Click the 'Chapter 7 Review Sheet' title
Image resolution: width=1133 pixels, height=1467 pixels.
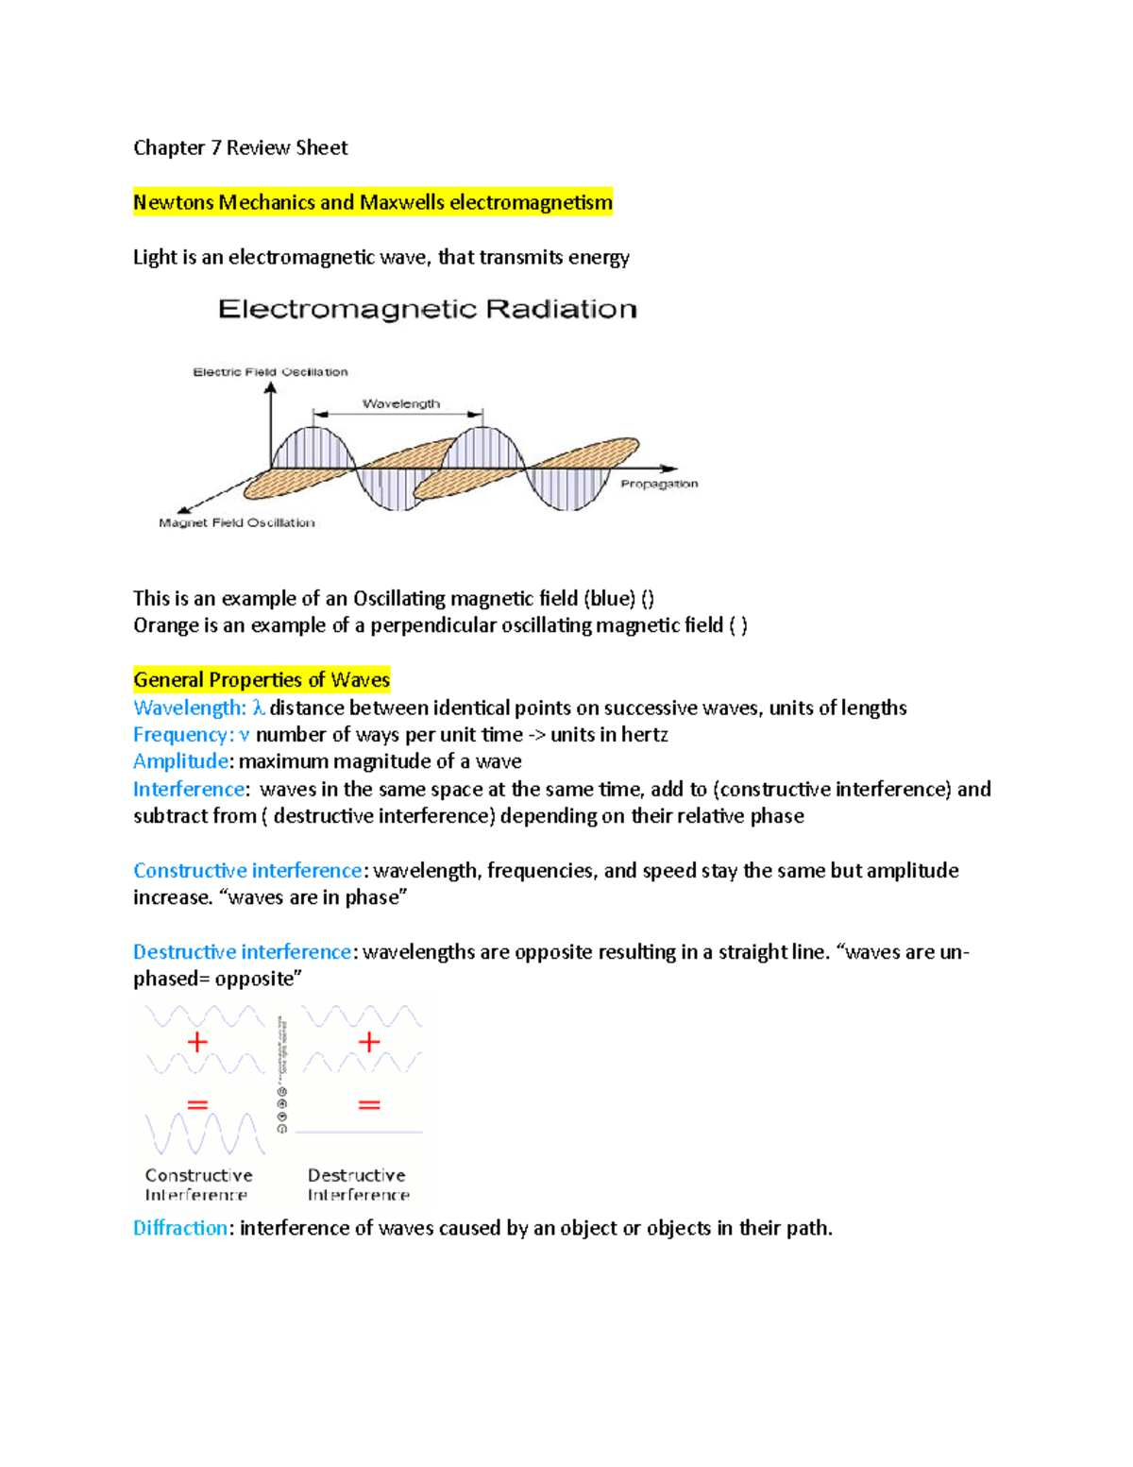240,147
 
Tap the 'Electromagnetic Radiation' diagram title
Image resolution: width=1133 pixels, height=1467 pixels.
427,309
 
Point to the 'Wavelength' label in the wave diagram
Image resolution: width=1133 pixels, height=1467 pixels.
401,403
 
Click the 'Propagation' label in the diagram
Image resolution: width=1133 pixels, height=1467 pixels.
659,484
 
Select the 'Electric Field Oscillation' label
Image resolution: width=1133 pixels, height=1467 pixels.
270,372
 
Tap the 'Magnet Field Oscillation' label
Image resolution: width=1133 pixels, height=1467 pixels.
236,522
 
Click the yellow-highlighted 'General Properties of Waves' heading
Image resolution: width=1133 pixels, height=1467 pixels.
261,680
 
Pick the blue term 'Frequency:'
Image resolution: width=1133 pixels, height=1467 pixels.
183,735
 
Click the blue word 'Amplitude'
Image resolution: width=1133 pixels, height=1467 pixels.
180,761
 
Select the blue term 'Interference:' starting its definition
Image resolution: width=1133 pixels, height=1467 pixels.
189,789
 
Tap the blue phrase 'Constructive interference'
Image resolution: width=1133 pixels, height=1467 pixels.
247,870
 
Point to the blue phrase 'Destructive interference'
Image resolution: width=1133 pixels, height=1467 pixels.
243,951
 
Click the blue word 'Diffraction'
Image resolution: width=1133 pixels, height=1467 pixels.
180,1228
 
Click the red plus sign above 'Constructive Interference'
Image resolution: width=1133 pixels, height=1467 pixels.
197,1042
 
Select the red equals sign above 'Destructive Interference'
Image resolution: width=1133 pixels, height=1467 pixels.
369,1104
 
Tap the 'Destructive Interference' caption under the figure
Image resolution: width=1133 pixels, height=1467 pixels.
358,1185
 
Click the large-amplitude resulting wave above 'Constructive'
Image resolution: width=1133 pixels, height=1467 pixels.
205,1134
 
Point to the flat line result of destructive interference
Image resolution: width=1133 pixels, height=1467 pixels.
359,1132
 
